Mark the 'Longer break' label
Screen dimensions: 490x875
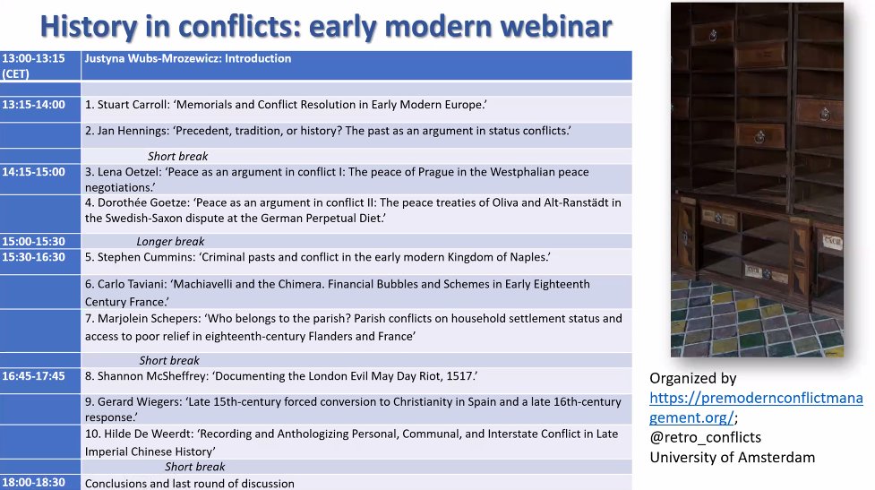170,241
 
